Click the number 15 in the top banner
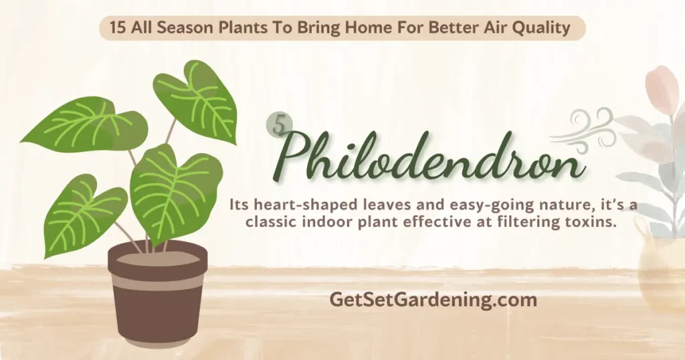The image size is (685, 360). [118, 28]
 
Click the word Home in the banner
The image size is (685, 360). [367, 28]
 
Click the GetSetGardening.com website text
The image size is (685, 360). [433, 300]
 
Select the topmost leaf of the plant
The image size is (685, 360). [196, 101]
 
